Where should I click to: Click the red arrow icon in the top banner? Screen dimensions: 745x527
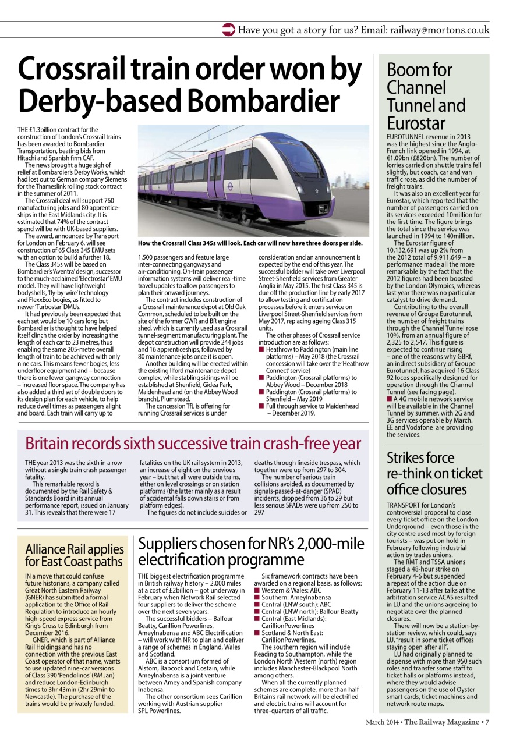click(x=229, y=30)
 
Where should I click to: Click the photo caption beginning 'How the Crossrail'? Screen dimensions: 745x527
click(x=250, y=243)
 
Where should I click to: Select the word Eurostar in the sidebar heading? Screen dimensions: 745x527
click(x=416, y=123)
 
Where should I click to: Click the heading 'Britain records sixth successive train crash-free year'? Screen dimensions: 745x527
click(x=193, y=444)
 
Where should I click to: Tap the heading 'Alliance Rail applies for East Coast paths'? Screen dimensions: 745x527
click(x=75, y=555)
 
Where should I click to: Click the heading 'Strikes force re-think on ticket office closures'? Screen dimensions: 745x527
click(x=434, y=473)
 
